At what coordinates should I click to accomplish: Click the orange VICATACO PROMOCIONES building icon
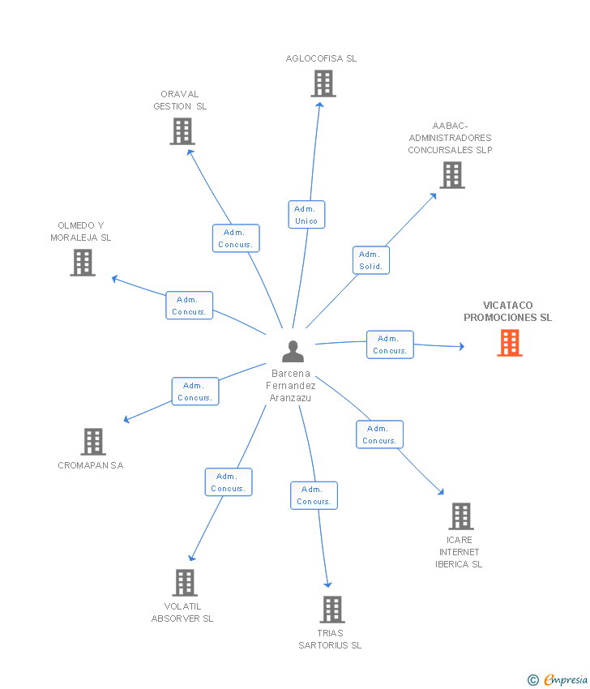pos(509,343)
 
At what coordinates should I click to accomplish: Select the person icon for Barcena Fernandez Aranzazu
pos(293,351)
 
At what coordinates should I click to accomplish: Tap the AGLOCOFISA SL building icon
pos(323,83)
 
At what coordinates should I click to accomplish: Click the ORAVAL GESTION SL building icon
pos(182,131)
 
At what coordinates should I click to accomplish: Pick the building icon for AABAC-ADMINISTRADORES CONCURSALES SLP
pos(451,174)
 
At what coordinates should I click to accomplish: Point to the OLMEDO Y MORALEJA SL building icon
pos(83,262)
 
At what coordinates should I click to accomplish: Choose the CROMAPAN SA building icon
pos(93,442)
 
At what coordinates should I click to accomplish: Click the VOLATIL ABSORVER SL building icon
pos(185,582)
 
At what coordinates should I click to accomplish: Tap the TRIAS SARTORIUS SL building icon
pos(332,609)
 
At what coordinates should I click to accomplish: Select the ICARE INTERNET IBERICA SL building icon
pos(460,516)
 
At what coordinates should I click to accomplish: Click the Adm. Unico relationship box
pos(306,215)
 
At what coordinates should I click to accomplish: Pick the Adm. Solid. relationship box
pos(370,260)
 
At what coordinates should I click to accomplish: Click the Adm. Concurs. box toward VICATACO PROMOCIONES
pos(390,344)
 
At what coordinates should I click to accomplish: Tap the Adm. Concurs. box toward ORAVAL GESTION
pos(236,238)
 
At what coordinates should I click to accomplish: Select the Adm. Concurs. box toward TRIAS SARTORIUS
pos(314,495)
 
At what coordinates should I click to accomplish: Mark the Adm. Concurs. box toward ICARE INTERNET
pos(379,434)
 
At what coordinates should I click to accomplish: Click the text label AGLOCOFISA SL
pos(321,58)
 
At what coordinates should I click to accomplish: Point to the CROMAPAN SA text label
pos(91,465)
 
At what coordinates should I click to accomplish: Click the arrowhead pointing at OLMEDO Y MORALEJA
pos(114,279)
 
